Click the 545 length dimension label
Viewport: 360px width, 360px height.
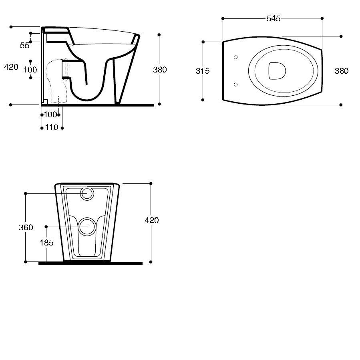click(274, 18)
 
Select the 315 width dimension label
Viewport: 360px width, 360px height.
click(203, 71)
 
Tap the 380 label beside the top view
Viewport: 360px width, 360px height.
click(342, 71)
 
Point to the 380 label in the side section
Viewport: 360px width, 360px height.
click(160, 70)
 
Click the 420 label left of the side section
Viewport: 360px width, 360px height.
click(11, 67)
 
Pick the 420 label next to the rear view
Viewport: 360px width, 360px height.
click(152, 220)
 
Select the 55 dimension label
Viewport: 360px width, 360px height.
click(24, 46)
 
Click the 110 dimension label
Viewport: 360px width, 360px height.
click(52, 127)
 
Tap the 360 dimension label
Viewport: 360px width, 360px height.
click(26, 227)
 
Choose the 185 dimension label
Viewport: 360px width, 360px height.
click(46, 243)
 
